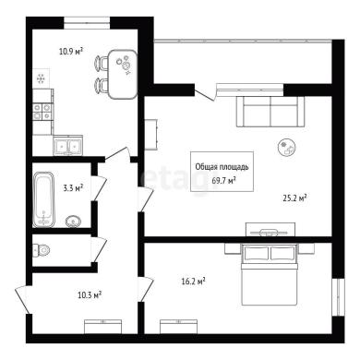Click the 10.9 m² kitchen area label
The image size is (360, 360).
point(71,51)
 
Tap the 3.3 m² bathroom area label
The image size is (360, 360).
point(73,187)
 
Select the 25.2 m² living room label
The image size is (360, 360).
point(294,198)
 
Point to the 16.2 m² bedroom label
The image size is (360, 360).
point(193,282)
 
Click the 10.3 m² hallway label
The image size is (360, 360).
point(90,295)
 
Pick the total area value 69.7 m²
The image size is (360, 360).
point(223,180)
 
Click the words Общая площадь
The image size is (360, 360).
point(222,167)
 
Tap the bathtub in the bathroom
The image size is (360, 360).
point(43,199)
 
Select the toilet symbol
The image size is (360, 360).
point(42,249)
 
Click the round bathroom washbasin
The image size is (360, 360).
point(73,221)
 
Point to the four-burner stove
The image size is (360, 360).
point(42,112)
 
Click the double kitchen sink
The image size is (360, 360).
point(67,145)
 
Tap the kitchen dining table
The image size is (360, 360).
point(123,74)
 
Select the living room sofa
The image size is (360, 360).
point(270,112)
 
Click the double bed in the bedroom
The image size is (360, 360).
point(270,274)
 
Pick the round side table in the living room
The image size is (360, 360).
point(287,148)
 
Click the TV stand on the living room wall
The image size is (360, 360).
point(270,230)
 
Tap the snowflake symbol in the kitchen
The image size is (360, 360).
point(41,79)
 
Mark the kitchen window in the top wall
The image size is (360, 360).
point(87,23)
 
